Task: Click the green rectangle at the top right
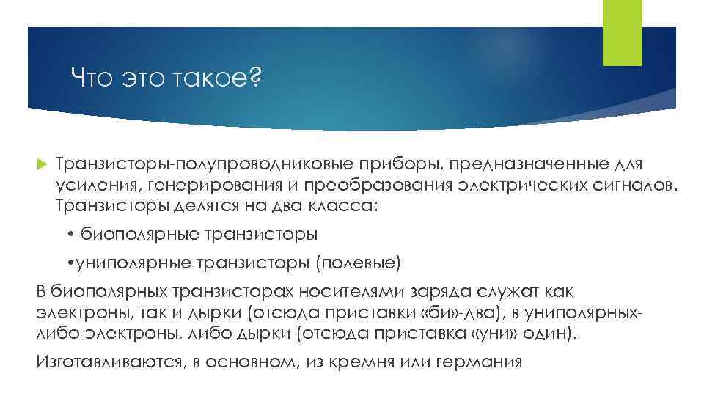pyautogui.click(x=622, y=33)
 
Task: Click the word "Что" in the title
pyautogui.click(x=90, y=76)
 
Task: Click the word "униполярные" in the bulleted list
pyautogui.click(x=131, y=262)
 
